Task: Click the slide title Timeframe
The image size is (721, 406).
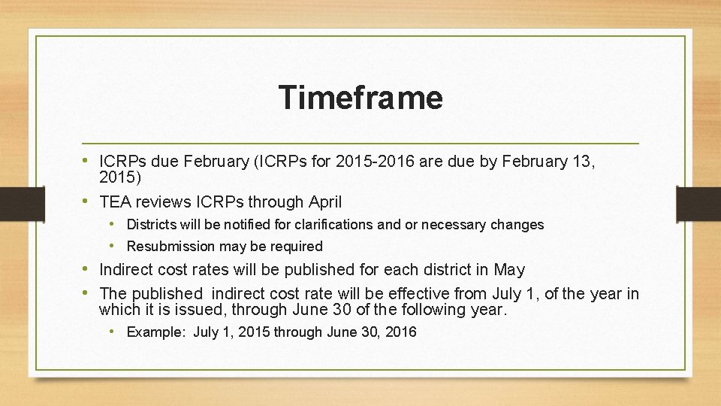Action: click(360, 98)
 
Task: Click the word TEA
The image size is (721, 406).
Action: click(115, 201)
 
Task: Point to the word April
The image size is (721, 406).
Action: click(324, 201)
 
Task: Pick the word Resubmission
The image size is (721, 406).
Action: click(170, 247)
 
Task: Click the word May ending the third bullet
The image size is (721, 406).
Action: click(510, 270)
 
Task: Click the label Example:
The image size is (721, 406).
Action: click(156, 332)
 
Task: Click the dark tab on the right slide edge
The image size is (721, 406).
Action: click(698, 203)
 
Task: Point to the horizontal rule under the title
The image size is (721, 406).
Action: click(360, 143)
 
